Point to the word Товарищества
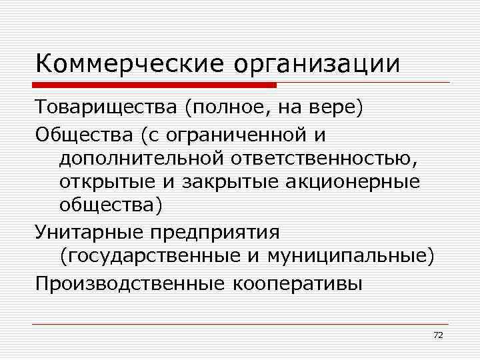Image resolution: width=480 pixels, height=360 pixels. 107,109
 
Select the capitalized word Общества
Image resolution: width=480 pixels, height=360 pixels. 85,135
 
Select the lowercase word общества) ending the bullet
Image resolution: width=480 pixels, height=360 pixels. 110,206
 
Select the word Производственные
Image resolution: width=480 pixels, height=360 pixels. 130,283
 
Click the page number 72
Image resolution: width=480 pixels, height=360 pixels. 438,335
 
